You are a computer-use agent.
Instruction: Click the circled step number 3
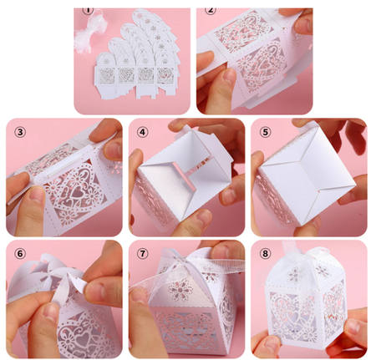coord(20,132)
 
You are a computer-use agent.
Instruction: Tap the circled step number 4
coord(142,132)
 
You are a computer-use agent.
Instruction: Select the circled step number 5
coord(265,132)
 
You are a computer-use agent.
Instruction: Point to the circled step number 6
coord(20,253)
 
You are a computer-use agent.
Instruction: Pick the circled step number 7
coord(142,253)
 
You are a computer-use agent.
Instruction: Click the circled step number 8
coord(265,253)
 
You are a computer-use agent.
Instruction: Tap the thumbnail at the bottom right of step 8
coord(353,329)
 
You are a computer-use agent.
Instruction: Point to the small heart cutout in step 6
coord(86,340)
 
